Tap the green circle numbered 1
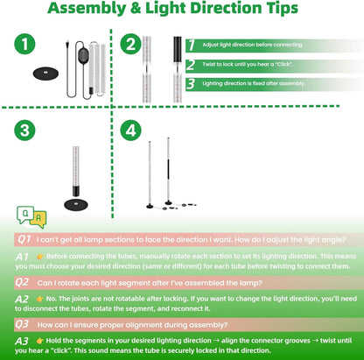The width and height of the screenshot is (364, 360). [x=27, y=44]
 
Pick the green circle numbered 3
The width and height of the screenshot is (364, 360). [x=27, y=130]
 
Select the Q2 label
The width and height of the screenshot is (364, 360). [x=24, y=282]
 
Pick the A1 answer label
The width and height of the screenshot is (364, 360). [x=24, y=255]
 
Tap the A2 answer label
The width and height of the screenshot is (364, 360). [x=24, y=299]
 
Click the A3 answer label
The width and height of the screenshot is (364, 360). [x=24, y=341]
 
